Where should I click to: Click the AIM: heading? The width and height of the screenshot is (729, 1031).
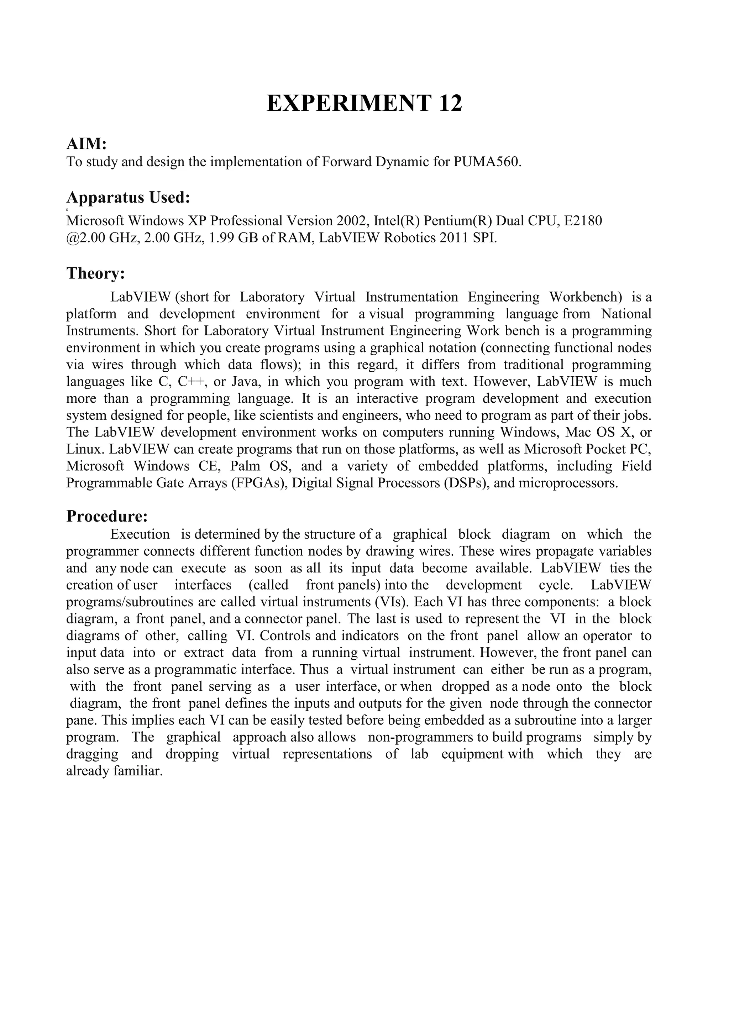pos(86,144)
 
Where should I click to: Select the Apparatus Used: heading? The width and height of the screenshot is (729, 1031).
pos(129,198)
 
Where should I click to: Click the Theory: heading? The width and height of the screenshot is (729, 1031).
pos(95,273)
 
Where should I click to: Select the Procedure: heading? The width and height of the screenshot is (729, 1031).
pos(107,517)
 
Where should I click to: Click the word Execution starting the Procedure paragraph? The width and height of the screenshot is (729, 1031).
pos(140,534)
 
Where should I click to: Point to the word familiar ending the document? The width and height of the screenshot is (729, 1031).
pos(139,771)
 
